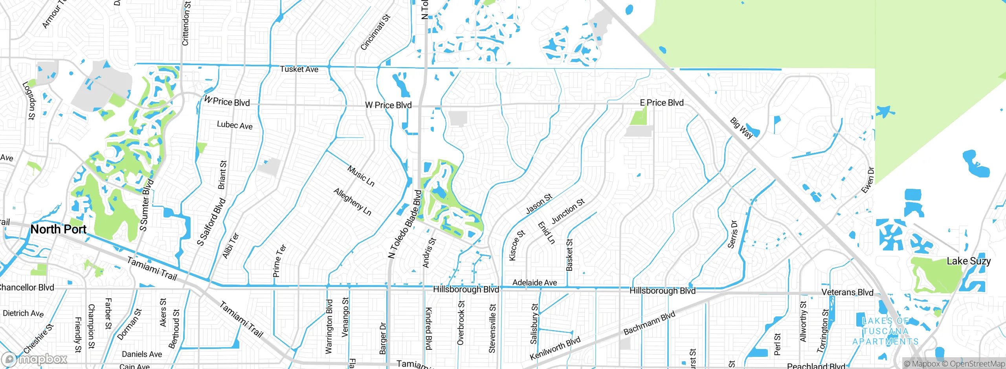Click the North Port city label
[58, 229]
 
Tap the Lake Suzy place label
[968, 261]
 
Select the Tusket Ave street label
[299, 69]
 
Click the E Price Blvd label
[662, 103]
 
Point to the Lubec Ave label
[235, 125]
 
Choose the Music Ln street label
[361, 175]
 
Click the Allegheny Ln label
[352, 202]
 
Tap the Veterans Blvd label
[847, 292]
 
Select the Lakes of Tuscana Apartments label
[885, 331]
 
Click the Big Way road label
[741, 128]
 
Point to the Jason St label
[539, 204]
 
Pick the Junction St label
[568, 211]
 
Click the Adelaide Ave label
[534, 283]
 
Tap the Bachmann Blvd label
[649, 323]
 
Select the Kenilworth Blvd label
[555, 348]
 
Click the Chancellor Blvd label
[27, 288]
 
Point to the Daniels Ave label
[142, 354]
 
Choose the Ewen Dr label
[868, 180]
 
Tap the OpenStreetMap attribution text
[977, 364]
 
